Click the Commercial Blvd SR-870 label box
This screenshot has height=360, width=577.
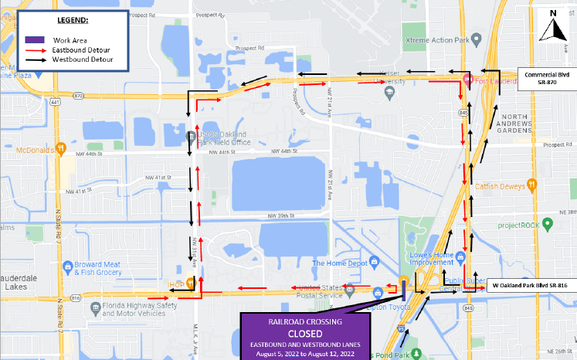[x=546, y=79]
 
